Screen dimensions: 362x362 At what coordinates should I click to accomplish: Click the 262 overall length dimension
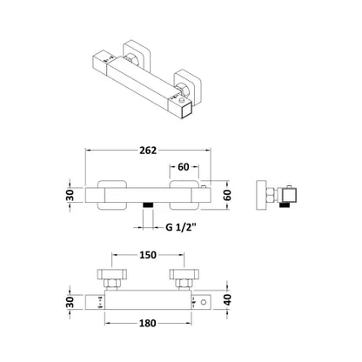click(148, 151)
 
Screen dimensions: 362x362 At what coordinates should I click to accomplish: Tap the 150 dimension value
click(148, 255)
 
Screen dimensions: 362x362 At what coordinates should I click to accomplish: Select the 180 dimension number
click(148, 323)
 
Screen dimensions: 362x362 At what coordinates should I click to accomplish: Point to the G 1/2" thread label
click(181, 227)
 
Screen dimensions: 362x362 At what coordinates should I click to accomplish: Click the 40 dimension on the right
click(228, 299)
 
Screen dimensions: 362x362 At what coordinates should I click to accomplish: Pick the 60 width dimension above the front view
click(183, 167)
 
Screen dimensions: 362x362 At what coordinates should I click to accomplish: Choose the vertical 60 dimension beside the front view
click(228, 195)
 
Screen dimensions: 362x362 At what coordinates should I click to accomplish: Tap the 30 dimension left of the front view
click(70, 195)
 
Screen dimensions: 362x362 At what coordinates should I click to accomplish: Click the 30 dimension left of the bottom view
click(70, 302)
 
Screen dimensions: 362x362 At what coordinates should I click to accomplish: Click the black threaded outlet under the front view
click(148, 204)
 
